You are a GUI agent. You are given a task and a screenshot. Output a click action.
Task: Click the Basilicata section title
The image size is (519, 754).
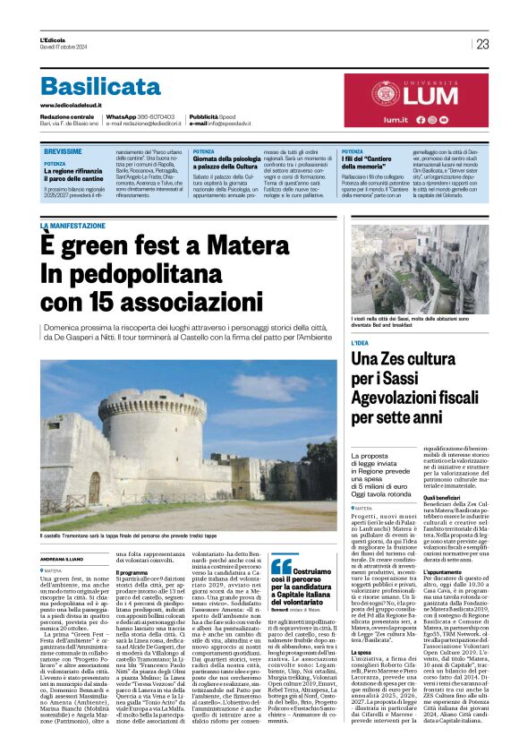pyautogui.click(x=99, y=86)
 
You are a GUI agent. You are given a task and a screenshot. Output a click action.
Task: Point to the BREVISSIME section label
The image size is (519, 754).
pyautogui.click(x=63, y=151)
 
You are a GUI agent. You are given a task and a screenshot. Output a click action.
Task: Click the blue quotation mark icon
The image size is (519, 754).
pyautogui.click(x=281, y=566)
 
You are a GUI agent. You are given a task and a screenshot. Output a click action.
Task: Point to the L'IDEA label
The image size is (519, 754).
pyautogui.click(x=360, y=343)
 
